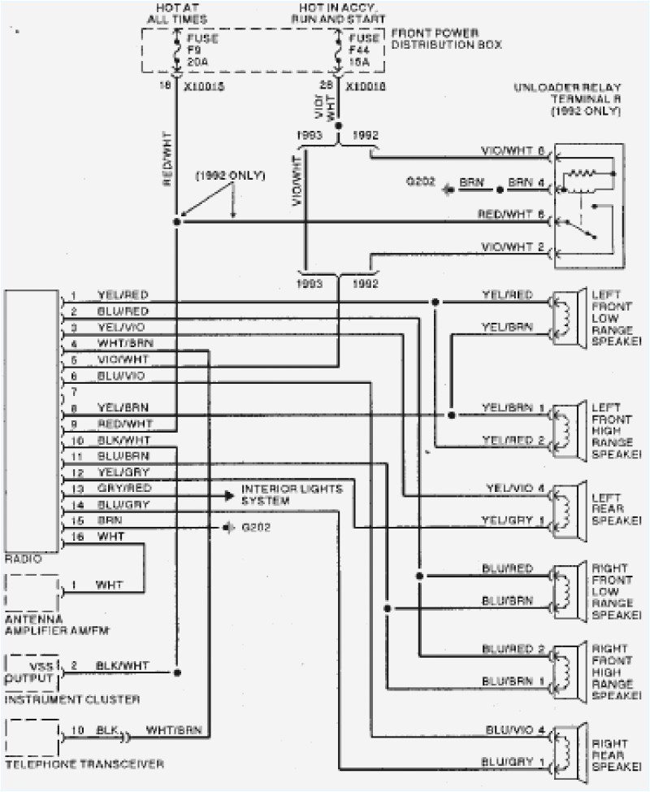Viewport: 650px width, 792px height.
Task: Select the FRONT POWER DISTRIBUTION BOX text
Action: (445, 38)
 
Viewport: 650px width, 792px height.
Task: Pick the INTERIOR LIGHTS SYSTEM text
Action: (291, 494)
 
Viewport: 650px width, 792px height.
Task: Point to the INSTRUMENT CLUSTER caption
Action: (72, 698)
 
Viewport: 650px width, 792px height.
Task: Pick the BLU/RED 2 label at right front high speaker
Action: (512, 648)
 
